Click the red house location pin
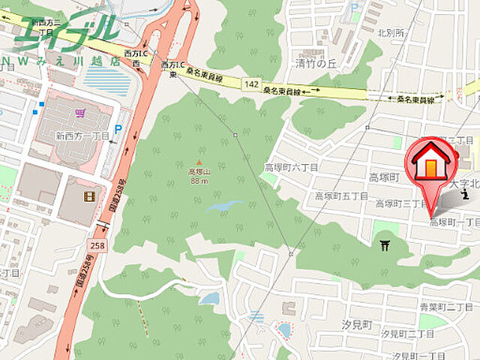[433, 163]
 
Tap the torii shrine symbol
[385, 245]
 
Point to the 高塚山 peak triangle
[199, 162]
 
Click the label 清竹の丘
[314, 64]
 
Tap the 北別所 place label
[391, 33]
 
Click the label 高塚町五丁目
[340, 196]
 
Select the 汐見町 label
[356, 324]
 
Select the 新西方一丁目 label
[82, 136]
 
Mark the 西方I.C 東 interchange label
[169, 69]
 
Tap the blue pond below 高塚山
[225, 205]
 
